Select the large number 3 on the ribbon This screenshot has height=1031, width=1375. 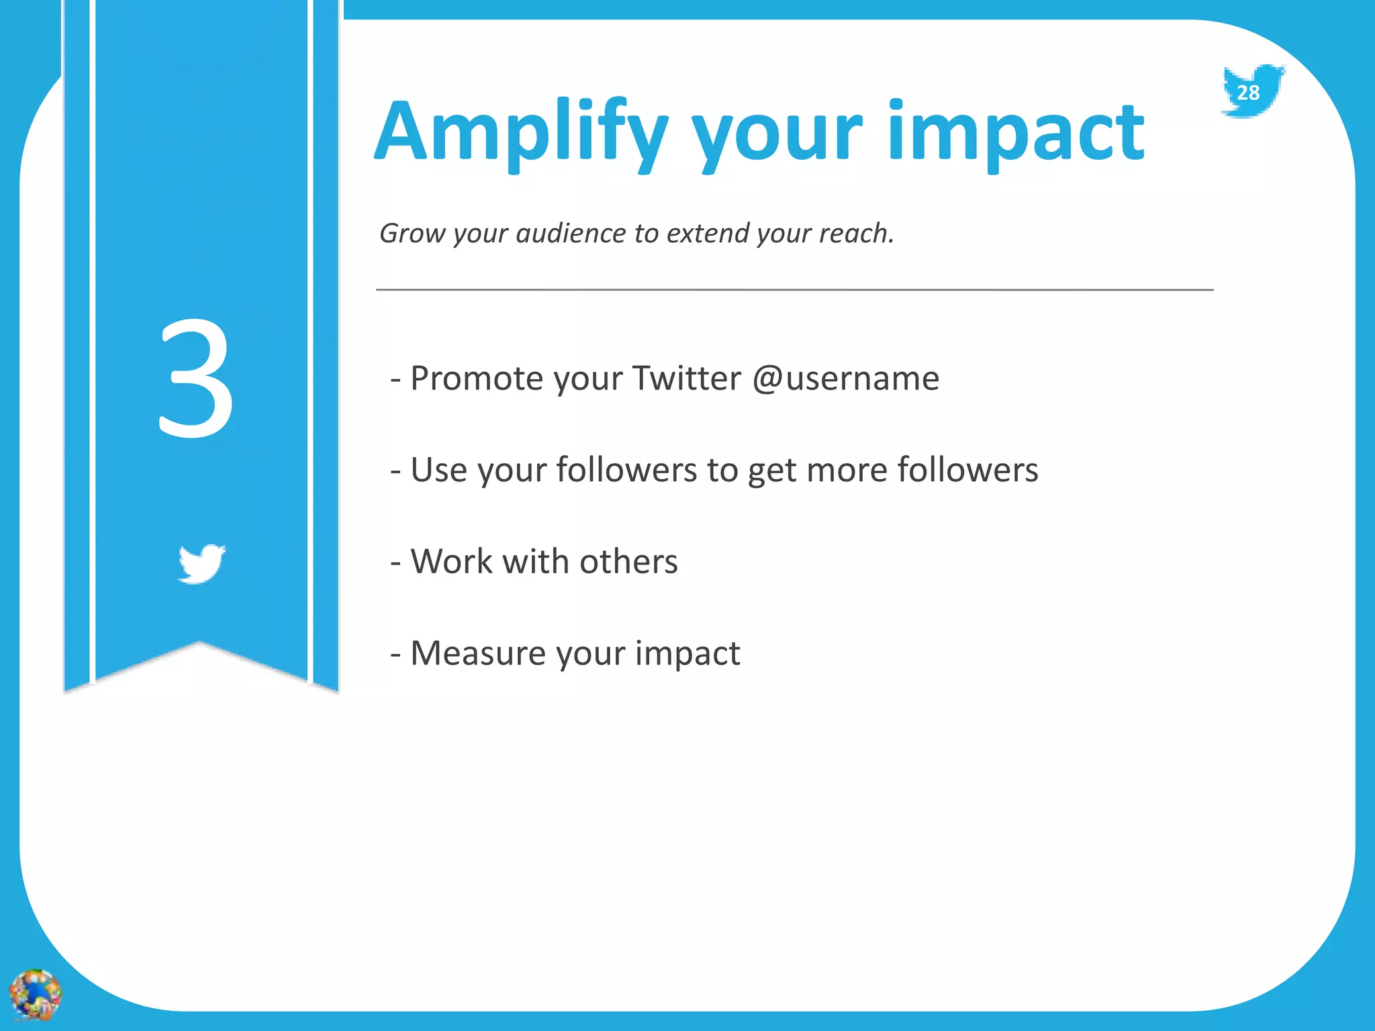196,379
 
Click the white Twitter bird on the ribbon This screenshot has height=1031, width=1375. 201,563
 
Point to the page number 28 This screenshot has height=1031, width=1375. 1248,93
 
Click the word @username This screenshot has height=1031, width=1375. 846,379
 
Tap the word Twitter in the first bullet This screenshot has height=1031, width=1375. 686,379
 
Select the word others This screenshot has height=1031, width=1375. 628,561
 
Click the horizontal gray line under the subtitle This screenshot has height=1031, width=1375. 794,290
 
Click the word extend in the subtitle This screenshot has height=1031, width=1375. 708,234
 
